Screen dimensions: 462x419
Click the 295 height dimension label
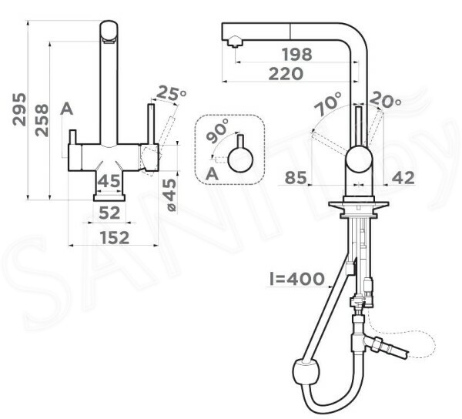(19, 109)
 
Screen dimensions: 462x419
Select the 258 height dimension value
(42, 120)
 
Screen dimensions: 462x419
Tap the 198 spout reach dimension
(296, 54)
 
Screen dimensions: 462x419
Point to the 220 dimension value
(286, 73)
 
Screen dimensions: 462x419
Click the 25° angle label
(171, 93)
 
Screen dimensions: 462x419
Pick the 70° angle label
(328, 103)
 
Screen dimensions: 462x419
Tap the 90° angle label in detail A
(217, 130)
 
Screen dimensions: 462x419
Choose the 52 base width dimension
(109, 213)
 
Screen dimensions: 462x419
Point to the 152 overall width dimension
(115, 237)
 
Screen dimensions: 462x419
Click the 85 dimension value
(296, 178)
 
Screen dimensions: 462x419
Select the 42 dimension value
(403, 178)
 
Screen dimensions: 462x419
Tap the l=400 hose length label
(297, 279)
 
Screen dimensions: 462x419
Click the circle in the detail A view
(241, 159)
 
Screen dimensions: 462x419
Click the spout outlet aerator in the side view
(235, 42)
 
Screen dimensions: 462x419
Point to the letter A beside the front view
(66, 109)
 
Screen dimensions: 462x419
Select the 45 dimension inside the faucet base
(109, 181)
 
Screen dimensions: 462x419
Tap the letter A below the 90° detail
(213, 174)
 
